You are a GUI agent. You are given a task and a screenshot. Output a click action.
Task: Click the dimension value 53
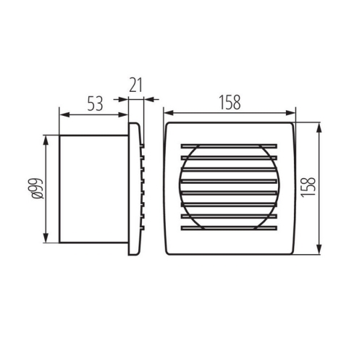pyautogui.click(x=95, y=103)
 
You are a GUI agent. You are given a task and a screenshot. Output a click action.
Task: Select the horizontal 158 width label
pyautogui.click(x=229, y=103)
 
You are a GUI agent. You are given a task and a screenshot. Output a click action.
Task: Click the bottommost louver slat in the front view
pyautogui.click(x=229, y=228)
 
